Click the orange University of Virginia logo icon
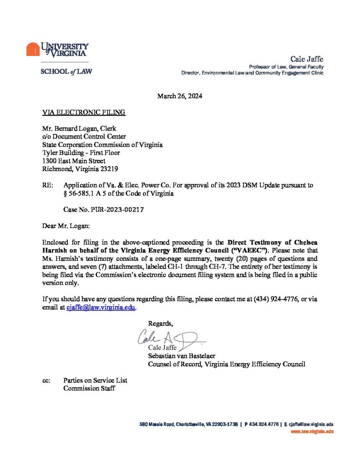(33, 49)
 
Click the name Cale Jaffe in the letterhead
(307, 59)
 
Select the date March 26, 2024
(180, 96)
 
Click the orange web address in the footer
(312, 431)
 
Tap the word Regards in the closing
(161, 323)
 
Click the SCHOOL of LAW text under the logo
(66, 71)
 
